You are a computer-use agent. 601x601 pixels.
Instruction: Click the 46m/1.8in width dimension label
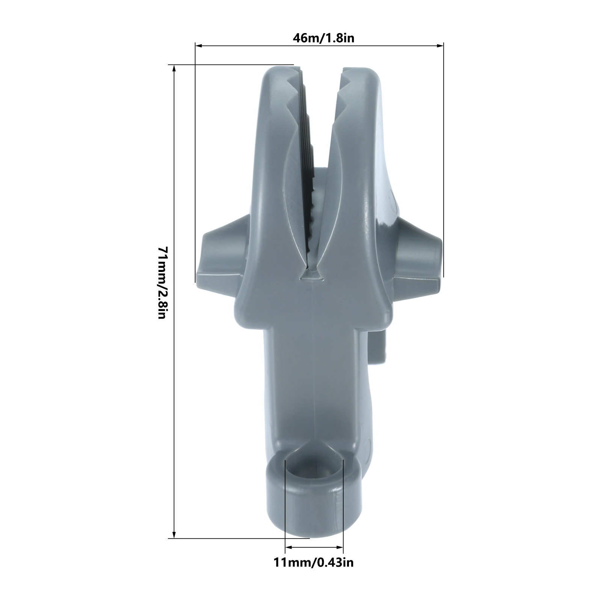323,38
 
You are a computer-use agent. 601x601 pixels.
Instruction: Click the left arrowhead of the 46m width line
198,46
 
